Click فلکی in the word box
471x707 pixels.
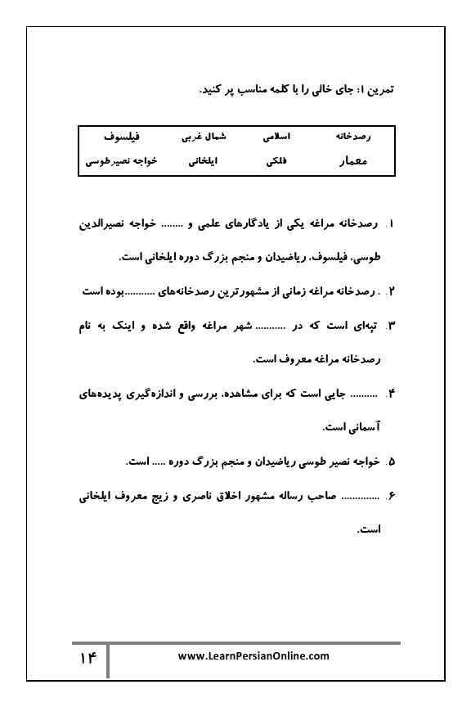(x=276, y=161)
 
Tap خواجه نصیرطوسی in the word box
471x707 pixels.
(x=122, y=161)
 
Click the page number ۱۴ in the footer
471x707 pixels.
(x=88, y=658)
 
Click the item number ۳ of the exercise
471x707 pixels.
(x=391, y=326)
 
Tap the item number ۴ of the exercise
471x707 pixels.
(x=391, y=394)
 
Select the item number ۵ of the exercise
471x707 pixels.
(x=391, y=462)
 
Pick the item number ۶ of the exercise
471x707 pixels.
(x=391, y=495)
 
